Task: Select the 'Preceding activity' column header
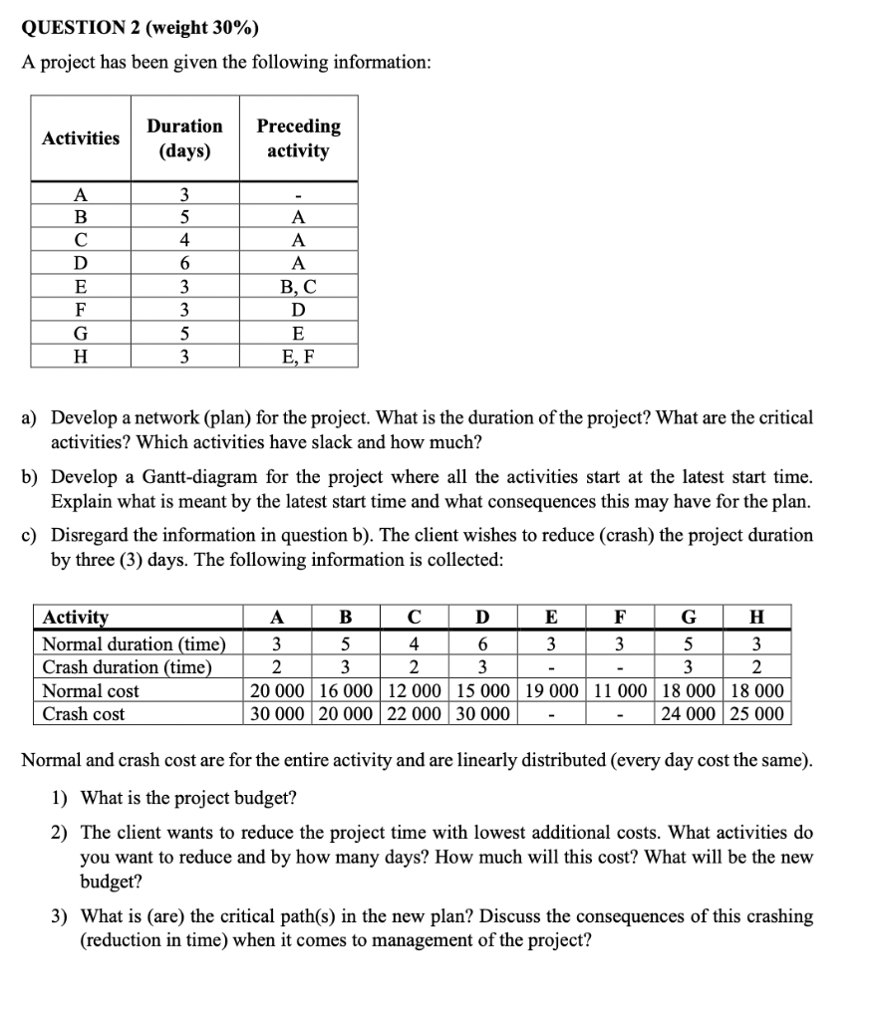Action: (298, 138)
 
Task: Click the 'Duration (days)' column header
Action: (184, 138)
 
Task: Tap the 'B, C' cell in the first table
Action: (298, 290)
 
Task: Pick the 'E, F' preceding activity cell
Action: (298, 356)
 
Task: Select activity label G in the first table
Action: (81, 334)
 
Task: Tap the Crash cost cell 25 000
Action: (756, 714)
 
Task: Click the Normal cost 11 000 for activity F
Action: (620, 691)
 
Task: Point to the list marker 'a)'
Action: (33, 418)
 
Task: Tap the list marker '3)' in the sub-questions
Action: (61, 916)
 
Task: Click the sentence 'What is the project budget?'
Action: (188, 798)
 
